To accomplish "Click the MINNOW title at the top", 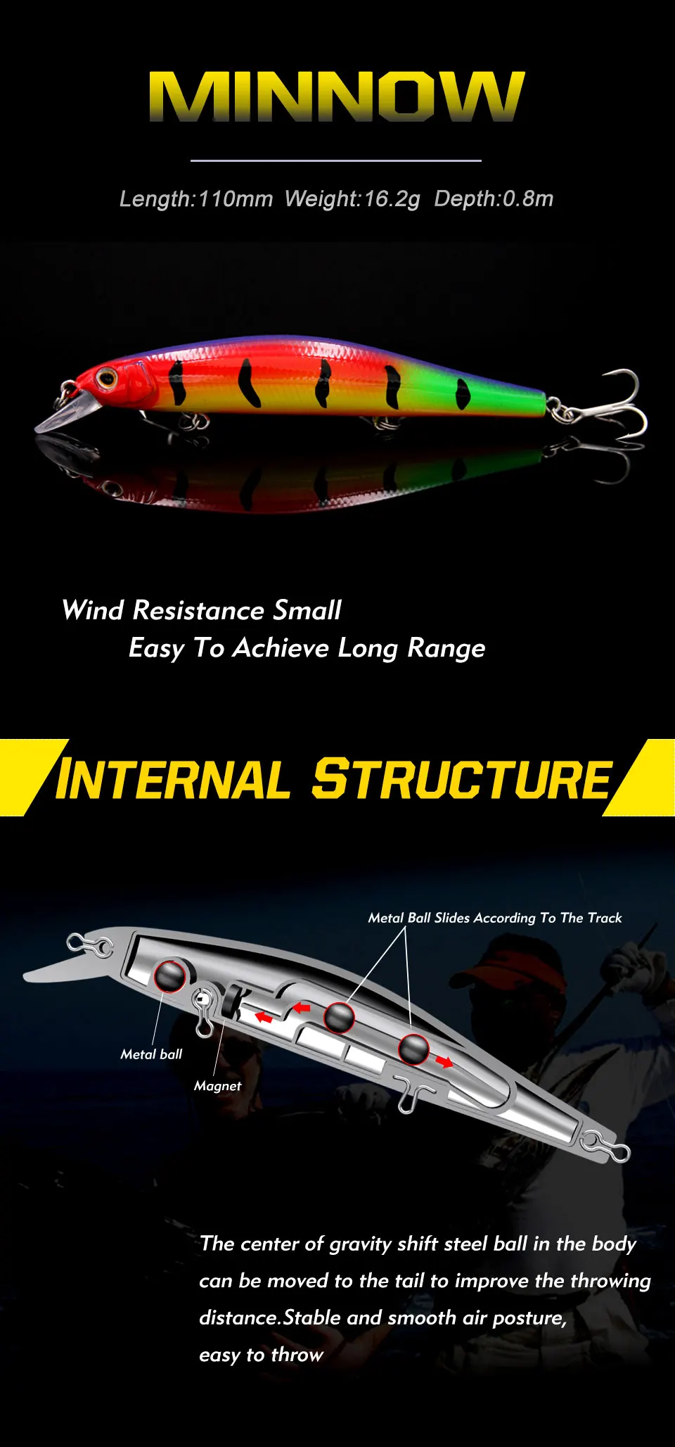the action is (x=337, y=96).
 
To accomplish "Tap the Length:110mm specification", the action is (x=196, y=199).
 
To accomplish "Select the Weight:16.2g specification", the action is (x=352, y=199).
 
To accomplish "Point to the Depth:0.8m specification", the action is (x=494, y=199).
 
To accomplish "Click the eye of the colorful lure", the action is (x=107, y=379).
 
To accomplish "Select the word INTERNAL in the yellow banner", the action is (x=173, y=779).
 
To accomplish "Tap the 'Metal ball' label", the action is (x=151, y=1054).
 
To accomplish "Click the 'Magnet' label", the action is (x=218, y=1086).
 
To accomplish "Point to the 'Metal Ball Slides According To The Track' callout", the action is (x=495, y=918).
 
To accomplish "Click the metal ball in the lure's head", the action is (x=169, y=975).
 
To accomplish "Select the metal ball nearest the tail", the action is (x=413, y=1050).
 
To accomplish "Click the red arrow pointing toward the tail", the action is (x=444, y=1061).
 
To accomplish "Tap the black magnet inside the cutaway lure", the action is (x=231, y=1001).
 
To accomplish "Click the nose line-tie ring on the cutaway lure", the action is (x=89, y=945).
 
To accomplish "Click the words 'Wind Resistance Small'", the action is (x=202, y=610).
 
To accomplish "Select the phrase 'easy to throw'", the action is (x=261, y=1355).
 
